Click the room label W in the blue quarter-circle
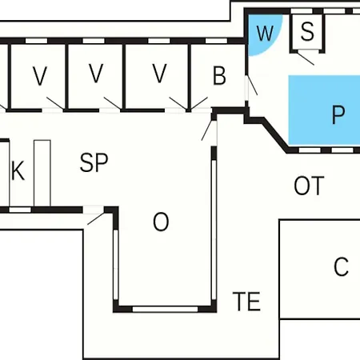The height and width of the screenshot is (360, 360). coord(265,33)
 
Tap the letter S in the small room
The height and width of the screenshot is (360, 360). coord(307,31)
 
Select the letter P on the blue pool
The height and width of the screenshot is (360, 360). coord(338,114)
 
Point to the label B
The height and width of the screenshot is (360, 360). coord(219,75)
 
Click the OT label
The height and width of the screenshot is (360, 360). coord(309,186)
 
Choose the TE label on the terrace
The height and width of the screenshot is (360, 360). coord(246,302)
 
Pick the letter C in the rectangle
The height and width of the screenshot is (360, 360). coord(341,266)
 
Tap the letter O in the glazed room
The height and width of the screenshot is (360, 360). coord(161,222)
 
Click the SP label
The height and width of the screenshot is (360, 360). coord(94,162)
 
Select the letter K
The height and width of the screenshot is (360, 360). coord(18,170)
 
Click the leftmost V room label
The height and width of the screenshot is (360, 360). coord(40,76)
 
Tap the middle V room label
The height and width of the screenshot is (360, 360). coord(96,74)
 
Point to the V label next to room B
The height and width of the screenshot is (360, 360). coord(159,74)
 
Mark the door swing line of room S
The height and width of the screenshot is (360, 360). coord(306,59)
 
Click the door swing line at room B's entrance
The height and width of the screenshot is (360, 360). coord(253,86)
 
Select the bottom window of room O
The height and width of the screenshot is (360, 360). coord(165,309)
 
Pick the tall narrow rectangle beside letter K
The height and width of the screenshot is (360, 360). coord(42,174)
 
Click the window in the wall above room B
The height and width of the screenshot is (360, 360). coord(216,41)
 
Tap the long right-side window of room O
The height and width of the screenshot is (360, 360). coord(214,230)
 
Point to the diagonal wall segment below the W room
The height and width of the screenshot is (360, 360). coord(275,135)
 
